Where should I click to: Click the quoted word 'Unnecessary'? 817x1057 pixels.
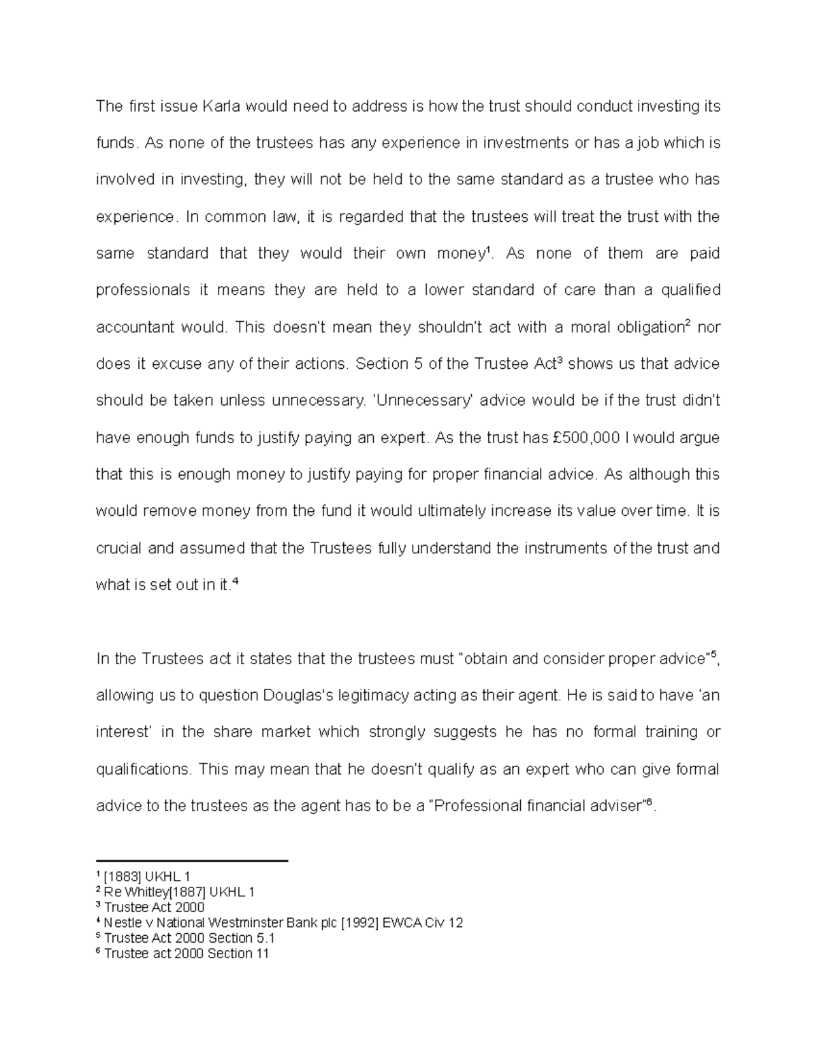[423, 401]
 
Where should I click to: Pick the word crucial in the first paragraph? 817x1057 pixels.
[118, 549]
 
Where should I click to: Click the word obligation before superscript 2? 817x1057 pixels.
[640, 327]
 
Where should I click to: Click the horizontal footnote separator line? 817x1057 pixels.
[193, 862]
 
